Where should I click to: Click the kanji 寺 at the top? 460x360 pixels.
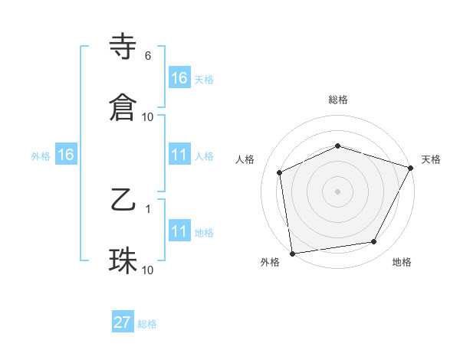click(123, 47)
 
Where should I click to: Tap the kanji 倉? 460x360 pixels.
click(123, 107)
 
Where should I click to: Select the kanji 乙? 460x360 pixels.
click(123, 201)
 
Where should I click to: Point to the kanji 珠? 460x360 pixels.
click(123, 261)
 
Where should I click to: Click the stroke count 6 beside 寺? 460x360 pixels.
click(148, 56)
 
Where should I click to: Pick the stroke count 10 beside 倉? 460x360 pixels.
click(148, 116)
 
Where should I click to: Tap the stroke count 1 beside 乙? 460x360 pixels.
click(148, 208)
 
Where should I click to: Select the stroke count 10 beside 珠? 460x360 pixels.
click(148, 270)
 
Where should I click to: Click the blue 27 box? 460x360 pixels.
click(123, 322)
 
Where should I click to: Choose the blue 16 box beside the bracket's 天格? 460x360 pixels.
click(179, 77)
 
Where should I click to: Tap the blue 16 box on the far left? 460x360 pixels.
click(66, 155)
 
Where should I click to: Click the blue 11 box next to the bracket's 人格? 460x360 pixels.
click(179, 155)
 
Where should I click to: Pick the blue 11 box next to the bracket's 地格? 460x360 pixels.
click(179, 231)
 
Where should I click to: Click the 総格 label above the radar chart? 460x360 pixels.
click(338, 100)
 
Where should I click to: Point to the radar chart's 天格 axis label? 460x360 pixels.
click(431, 159)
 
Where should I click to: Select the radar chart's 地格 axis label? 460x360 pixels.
click(402, 262)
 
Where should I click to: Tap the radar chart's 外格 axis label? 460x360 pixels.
click(270, 262)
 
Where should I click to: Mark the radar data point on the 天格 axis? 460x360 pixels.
click(412, 168)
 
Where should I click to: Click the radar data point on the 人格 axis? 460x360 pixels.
click(280, 172)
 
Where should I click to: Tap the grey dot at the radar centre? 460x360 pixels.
click(338, 191)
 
